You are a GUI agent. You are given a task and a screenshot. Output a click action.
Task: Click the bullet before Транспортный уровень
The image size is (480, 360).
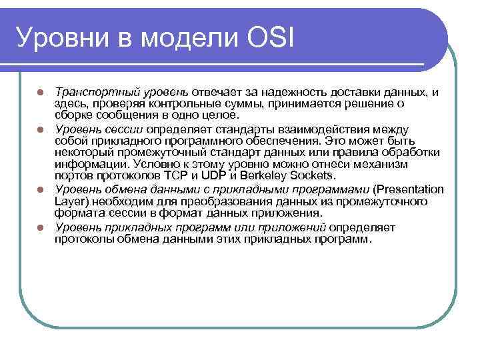click(41, 92)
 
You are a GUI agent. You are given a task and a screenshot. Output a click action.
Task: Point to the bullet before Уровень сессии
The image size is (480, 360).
click(41, 129)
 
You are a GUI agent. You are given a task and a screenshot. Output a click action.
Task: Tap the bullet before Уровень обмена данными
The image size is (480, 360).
click(41, 189)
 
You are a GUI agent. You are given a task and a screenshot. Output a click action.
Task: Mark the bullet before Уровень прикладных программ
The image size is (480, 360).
click(41, 227)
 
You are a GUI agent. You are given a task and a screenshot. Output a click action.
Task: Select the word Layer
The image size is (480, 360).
click(69, 201)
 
